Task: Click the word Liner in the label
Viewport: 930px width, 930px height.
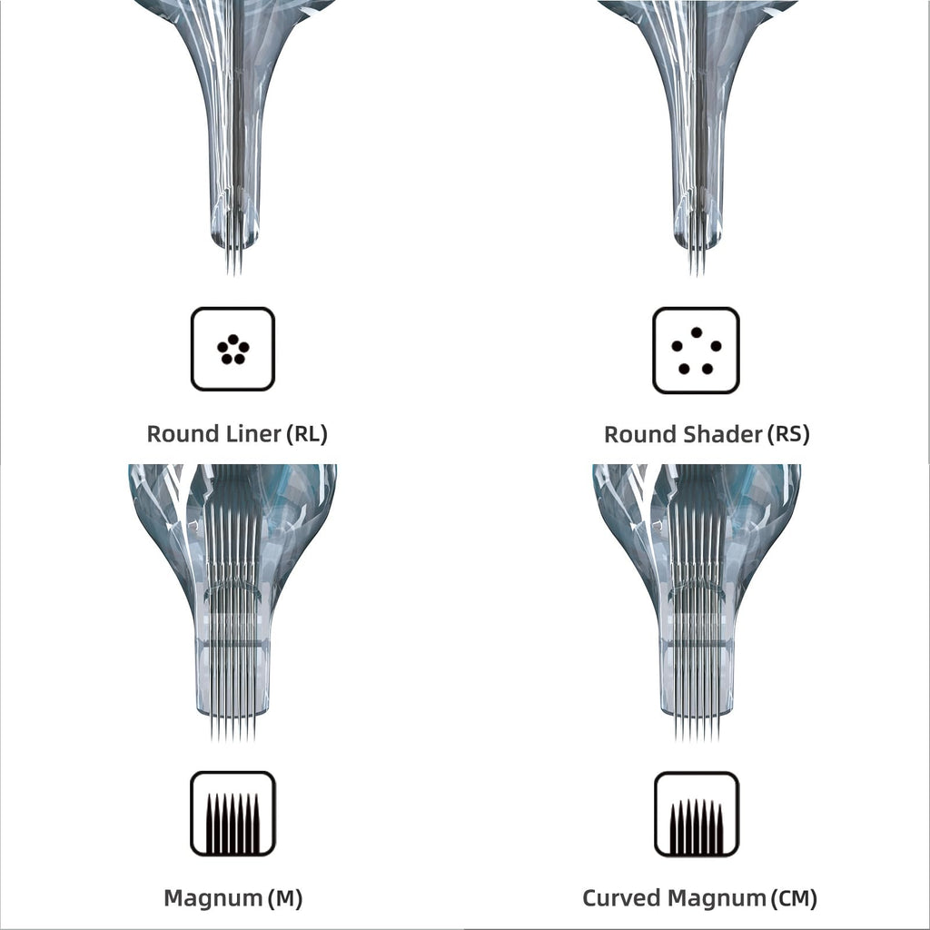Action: (x=254, y=433)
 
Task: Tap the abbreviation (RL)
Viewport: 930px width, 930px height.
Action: (x=307, y=434)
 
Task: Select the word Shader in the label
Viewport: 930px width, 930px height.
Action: (x=724, y=434)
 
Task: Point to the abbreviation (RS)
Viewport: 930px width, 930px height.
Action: (x=788, y=434)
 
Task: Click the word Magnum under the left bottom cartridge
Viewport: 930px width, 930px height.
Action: (x=213, y=898)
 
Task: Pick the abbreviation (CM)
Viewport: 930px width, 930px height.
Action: (x=794, y=898)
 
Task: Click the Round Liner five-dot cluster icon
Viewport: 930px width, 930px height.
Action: (x=232, y=349)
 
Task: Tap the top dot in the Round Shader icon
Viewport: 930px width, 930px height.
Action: (x=697, y=332)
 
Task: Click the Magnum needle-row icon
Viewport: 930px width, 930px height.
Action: (x=233, y=814)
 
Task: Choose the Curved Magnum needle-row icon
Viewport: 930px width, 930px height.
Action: (x=697, y=815)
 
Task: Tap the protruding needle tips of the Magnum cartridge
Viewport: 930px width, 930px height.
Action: (x=233, y=727)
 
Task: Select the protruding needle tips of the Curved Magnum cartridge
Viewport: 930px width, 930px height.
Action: (x=697, y=727)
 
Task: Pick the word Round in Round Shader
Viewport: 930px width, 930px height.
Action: (x=641, y=434)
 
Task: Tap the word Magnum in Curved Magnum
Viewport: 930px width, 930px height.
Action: (x=717, y=898)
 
